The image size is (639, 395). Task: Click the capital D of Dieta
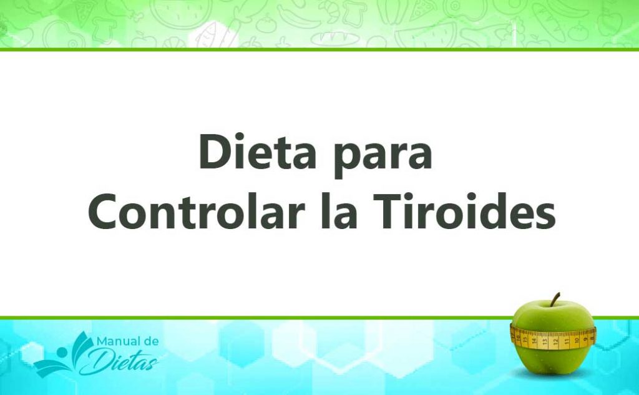[x=214, y=153]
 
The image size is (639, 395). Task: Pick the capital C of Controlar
[x=104, y=213]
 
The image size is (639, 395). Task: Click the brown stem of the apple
[x=554, y=299]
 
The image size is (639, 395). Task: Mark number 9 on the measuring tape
[x=585, y=339]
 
